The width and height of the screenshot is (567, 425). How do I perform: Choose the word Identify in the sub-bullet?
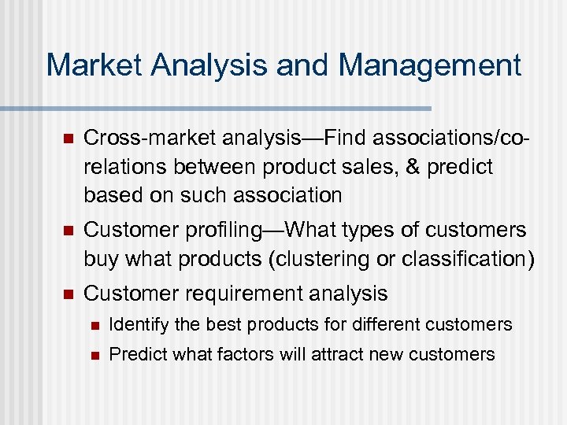click(x=136, y=324)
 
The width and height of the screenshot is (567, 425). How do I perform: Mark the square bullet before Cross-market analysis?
click(x=68, y=139)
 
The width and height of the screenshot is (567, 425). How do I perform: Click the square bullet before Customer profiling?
click(x=68, y=231)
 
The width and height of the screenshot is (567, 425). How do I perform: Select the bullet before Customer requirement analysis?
click(x=68, y=294)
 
